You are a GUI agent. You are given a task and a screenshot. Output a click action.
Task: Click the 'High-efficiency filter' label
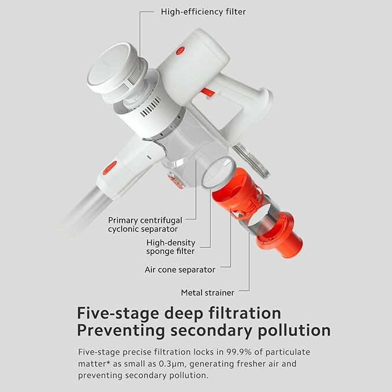tap(203, 12)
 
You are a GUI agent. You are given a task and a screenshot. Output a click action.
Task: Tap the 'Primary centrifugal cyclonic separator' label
tap(145, 225)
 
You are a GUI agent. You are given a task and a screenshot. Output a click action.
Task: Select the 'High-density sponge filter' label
tap(171, 247)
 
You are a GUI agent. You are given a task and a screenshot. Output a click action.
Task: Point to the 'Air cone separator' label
tap(180, 270)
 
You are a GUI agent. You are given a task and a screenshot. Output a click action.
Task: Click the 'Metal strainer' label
tap(207, 293)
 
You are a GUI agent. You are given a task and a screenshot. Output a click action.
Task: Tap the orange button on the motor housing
tap(180, 50)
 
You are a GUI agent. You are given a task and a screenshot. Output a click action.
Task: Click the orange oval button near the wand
tap(110, 168)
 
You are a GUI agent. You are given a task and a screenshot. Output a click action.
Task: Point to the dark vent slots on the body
tap(151, 107)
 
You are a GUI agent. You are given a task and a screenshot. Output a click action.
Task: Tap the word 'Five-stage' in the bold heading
tap(118, 313)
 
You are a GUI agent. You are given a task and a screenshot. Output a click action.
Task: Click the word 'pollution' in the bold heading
tap(294, 330)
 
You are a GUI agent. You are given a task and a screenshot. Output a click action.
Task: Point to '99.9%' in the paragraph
tap(239, 352)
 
